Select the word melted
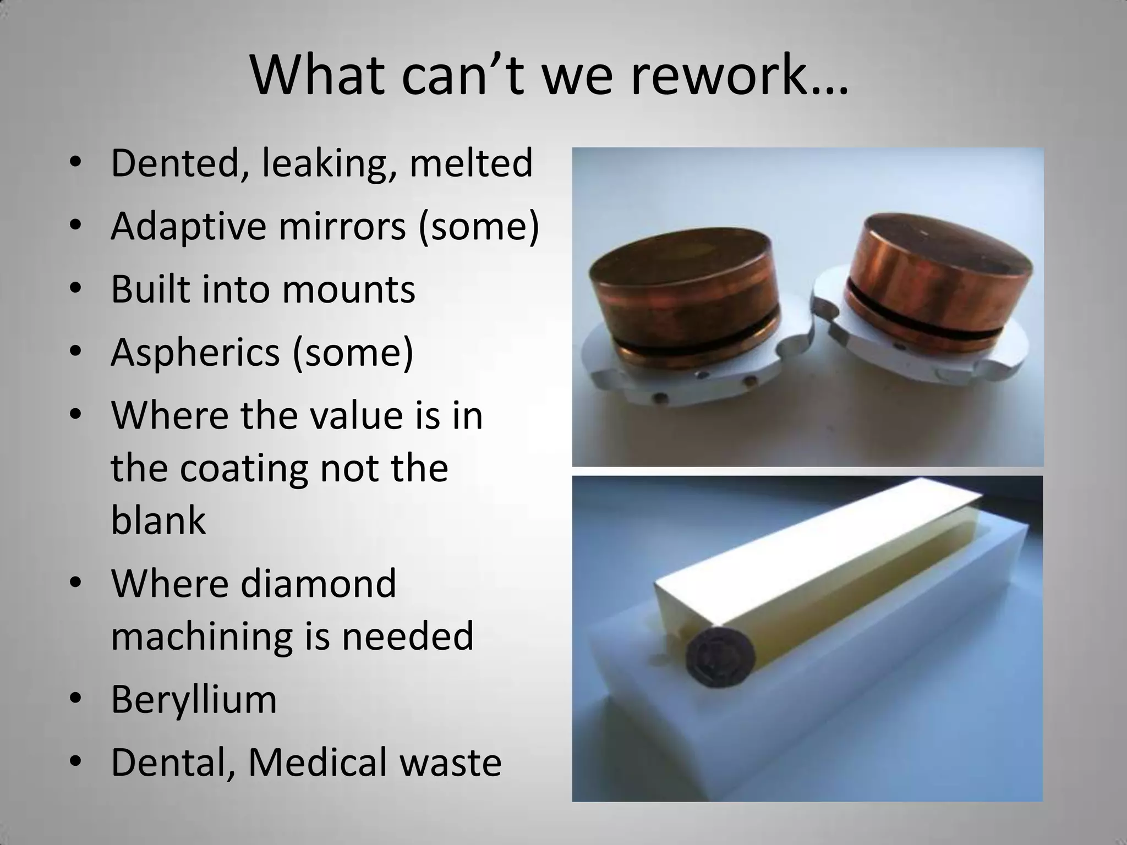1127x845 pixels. pyautogui.click(x=471, y=163)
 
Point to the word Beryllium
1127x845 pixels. pyautogui.click(x=194, y=700)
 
